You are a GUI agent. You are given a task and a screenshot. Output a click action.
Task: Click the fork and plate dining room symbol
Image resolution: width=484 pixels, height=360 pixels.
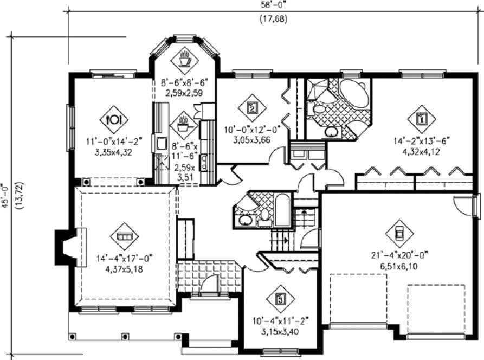click(114, 118)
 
